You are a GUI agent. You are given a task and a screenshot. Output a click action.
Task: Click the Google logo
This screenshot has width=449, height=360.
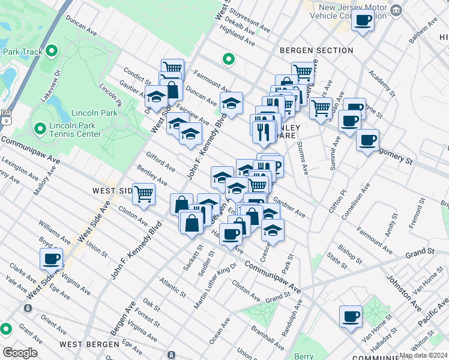tap(20, 353)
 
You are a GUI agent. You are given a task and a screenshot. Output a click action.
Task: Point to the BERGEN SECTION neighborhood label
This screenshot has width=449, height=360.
tap(316, 50)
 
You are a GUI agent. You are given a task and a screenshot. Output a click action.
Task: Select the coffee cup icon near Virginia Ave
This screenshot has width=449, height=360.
tap(52, 259)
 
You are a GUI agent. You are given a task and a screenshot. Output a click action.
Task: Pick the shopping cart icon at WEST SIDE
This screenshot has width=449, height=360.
tap(144, 193)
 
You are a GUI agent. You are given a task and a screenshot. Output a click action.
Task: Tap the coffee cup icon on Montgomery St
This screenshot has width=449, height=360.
tap(367, 140)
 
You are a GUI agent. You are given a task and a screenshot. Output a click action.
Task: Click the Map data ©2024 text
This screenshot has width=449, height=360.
tap(423, 355)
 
